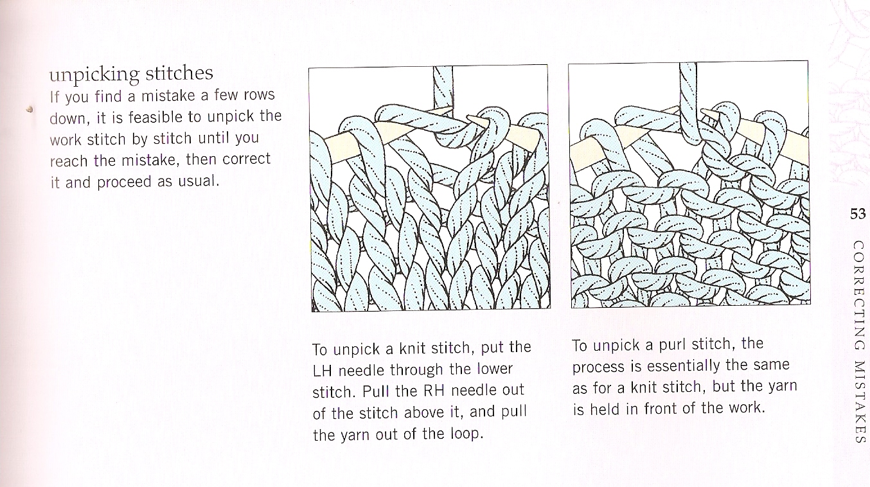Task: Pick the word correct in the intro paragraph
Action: coord(246,159)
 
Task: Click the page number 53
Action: coord(858,215)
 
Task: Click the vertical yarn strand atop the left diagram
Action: coord(443,87)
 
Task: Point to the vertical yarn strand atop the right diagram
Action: coord(688,96)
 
